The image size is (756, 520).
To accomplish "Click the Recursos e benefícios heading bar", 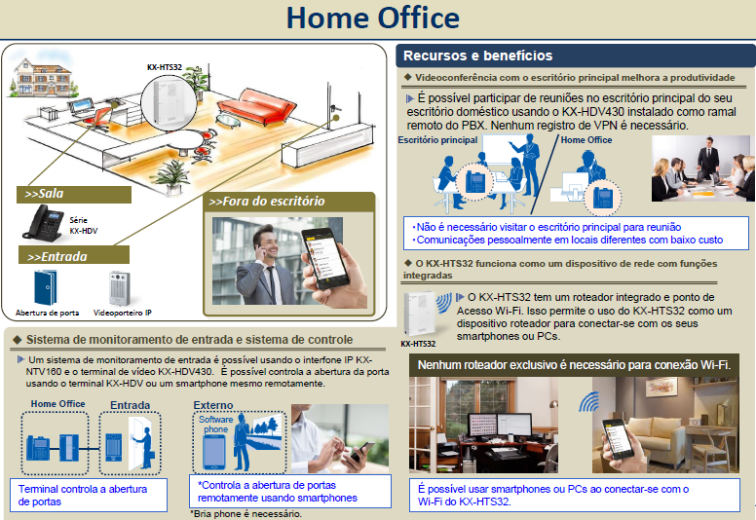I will [x=477, y=56].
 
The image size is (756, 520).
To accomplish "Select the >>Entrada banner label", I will [x=57, y=257].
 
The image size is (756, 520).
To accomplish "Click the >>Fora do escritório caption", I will [x=266, y=202].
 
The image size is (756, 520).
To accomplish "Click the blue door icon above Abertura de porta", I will [x=46, y=287].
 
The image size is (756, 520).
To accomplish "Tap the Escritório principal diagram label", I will [x=437, y=140].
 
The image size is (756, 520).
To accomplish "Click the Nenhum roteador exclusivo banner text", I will [x=574, y=365].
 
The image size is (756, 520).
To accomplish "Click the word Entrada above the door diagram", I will [x=130, y=405].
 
